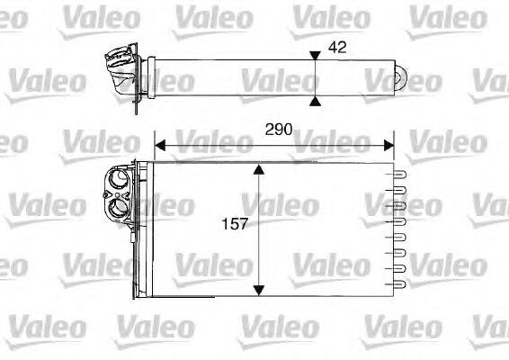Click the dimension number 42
[337, 48]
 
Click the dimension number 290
[279, 130]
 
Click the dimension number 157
[235, 224]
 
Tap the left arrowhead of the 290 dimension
[160, 146]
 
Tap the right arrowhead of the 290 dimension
[388, 146]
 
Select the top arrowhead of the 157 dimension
[258, 169]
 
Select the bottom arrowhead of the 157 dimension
[258, 290]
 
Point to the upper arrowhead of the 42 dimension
[315, 56]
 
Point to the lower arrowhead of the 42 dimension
[315, 101]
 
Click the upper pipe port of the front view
[118, 178]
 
